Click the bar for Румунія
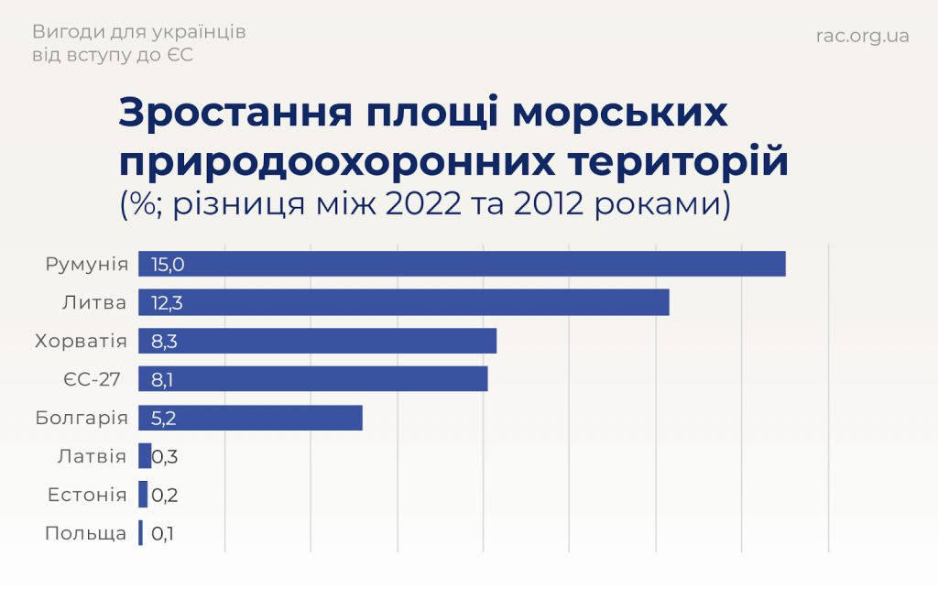point(462,264)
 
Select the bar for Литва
point(403,302)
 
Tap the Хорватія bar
point(317,341)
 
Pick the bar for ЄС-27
point(312,378)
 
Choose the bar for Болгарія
point(250,418)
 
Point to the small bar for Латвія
point(145,456)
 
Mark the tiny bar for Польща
point(141,533)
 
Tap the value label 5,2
point(165,418)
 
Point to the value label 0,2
point(165,495)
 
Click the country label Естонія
point(87,495)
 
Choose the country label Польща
point(85,533)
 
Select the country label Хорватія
point(81,341)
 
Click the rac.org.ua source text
point(862,36)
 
